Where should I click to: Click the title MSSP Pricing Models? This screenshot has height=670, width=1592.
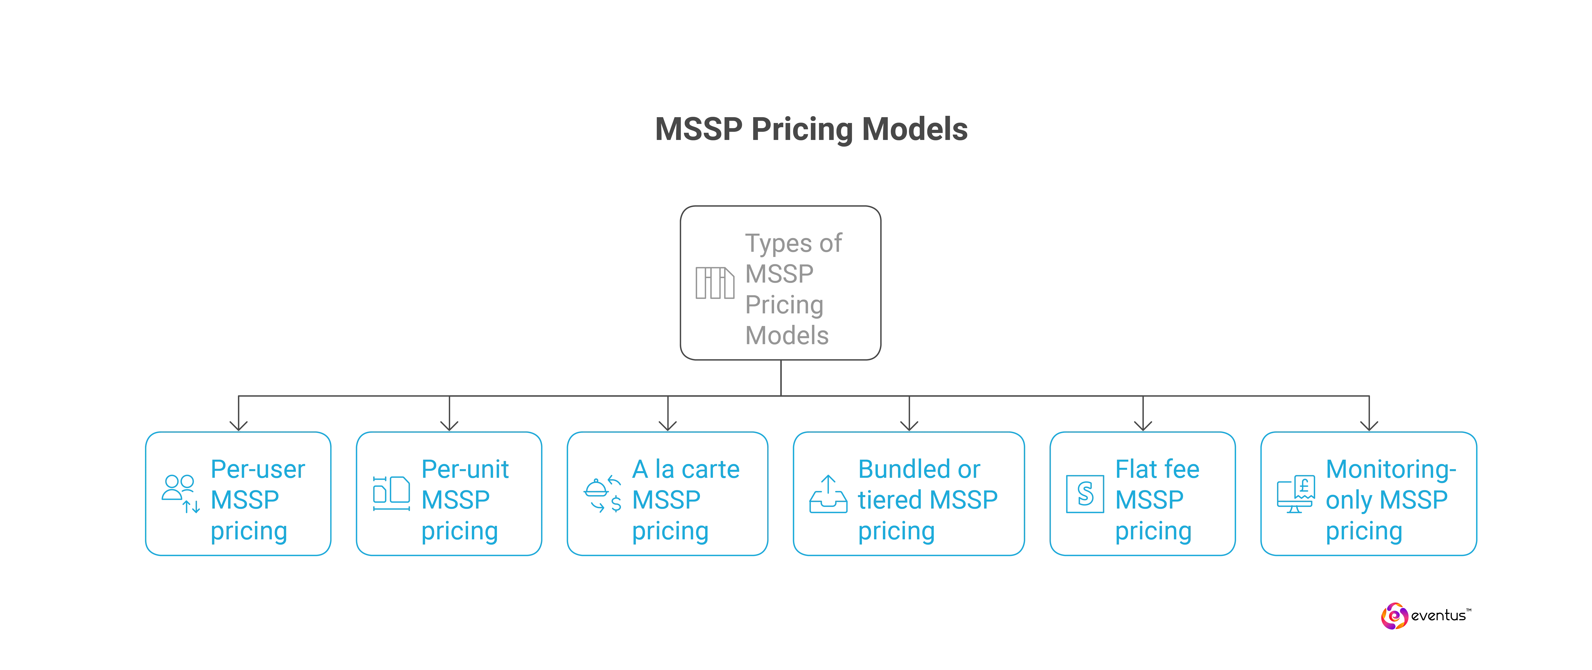point(811,130)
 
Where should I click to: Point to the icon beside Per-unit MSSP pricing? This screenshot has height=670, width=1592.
point(391,493)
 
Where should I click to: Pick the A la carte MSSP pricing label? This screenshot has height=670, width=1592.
point(685,499)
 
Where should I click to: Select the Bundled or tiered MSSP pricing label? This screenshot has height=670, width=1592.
point(927,499)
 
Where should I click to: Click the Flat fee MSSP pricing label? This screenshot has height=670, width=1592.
point(1156,499)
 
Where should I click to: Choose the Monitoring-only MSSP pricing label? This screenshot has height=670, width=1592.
point(1391,499)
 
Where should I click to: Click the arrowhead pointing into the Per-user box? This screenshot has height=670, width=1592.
point(239,425)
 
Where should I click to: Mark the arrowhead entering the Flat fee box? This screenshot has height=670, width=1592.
point(1143,425)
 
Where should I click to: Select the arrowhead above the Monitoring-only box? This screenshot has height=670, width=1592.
point(1369,425)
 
